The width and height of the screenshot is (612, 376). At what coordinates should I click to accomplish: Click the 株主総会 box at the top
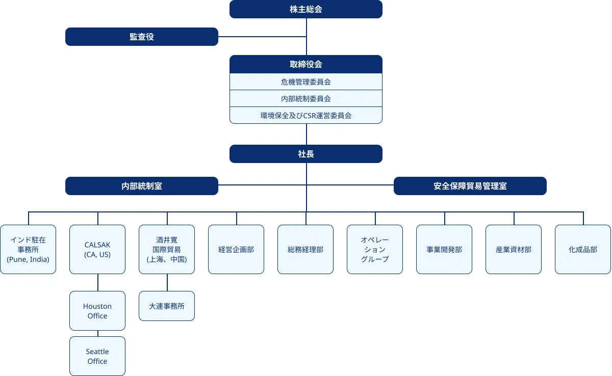pyautogui.click(x=306, y=9)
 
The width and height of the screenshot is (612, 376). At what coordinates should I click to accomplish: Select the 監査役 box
pyautogui.click(x=142, y=37)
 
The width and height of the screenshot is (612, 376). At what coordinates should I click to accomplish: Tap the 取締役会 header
pyautogui.click(x=306, y=64)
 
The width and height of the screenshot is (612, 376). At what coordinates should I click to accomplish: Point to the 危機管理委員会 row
pyautogui.click(x=306, y=82)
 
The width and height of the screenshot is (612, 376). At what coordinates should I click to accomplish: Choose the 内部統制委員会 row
pyautogui.click(x=306, y=98)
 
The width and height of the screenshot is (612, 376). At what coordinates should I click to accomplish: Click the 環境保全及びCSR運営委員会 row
pyautogui.click(x=306, y=115)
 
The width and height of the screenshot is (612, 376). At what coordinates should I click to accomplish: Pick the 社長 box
pyautogui.click(x=306, y=154)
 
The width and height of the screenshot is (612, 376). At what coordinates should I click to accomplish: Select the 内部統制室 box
pyautogui.click(x=142, y=186)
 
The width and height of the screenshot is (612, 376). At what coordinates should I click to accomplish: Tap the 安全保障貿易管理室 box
pyautogui.click(x=470, y=186)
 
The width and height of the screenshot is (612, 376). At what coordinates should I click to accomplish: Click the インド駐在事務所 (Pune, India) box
pyautogui.click(x=28, y=250)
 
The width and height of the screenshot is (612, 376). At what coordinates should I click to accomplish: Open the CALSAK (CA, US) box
pyautogui.click(x=97, y=250)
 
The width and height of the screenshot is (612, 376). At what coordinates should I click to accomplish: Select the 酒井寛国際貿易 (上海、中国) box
pyautogui.click(x=167, y=250)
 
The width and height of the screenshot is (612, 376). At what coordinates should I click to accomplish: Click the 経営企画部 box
pyautogui.click(x=236, y=250)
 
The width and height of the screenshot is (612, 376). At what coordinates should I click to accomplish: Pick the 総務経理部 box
pyautogui.click(x=305, y=250)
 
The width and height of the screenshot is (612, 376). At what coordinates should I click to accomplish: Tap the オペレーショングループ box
pyautogui.click(x=375, y=250)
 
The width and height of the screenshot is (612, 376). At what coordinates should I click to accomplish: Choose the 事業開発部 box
pyautogui.click(x=444, y=250)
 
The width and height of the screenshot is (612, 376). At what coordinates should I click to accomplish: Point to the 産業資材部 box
pyautogui.click(x=514, y=250)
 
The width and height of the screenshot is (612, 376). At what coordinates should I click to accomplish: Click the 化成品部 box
pyautogui.click(x=583, y=250)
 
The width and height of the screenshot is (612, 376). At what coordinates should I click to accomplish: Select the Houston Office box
pyautogui.click(x=97, y=311)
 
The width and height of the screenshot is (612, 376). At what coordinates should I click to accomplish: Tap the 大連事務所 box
pyautogui.click(x=167, y=306)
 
